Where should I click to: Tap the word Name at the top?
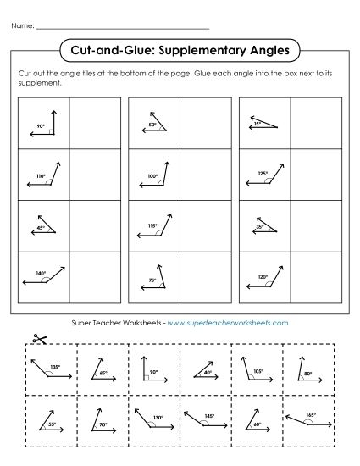click(23, 27)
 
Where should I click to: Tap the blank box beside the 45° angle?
click(93, 225)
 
